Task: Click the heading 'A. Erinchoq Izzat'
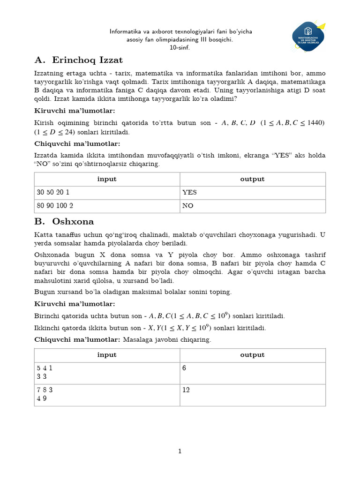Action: (x=79, y=60)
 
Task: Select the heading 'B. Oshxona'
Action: (x=64, y=221)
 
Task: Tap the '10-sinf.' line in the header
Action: (x=180, y=48)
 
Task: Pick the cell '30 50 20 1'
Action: (x=107, y=192)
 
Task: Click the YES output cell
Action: (x=252, y=192)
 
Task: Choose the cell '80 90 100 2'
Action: (x=107, y=206)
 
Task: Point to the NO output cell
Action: (x=252, y=206)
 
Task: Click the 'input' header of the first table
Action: (x=107, y=179)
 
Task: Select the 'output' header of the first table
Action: (x=252, y=179)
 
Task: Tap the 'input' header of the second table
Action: (x=107, y=355)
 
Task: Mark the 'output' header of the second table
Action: (x=252, y=355)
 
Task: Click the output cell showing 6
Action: (x=252, y=373)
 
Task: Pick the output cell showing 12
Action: (x=252, y=395)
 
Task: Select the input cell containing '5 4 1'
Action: (x=107, y=373)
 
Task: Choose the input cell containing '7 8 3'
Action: (x=107, y=395)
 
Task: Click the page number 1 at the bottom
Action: (x=180, y=451)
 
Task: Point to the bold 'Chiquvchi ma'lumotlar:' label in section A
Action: (x=77, y=144)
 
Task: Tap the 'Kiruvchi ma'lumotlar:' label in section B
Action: (x=75, y=304)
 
